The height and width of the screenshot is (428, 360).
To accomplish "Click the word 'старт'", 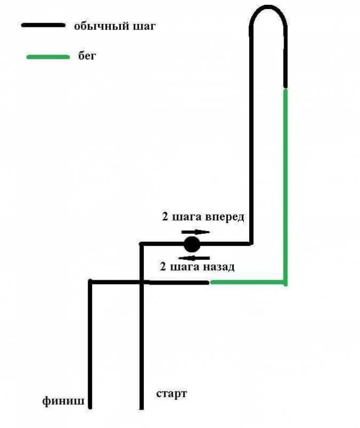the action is point(171,394).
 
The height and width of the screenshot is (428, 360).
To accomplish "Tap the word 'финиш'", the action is point(63,401).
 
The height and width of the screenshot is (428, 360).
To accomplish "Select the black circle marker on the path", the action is point(192,244).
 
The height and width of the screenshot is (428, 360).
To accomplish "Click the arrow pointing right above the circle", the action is point(195,232).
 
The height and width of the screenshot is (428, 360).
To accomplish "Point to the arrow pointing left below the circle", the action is point(194,258).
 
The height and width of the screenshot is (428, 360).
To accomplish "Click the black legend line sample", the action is point(43,25).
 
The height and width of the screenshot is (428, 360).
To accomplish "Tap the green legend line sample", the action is point(48,57).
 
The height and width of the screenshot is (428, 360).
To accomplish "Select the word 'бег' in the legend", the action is point(87,56).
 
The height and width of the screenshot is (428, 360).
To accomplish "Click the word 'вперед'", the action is point(224,217).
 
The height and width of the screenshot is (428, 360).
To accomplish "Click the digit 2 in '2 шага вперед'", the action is point(165,216).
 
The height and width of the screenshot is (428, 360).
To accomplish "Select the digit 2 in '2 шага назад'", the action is point(163,266).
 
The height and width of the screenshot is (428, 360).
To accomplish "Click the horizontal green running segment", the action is point(248,282).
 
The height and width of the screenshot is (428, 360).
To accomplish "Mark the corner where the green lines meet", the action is point(285,282).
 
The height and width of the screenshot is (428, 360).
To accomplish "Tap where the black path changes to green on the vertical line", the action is point(285,89).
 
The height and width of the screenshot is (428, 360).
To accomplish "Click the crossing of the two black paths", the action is point(141,282).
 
